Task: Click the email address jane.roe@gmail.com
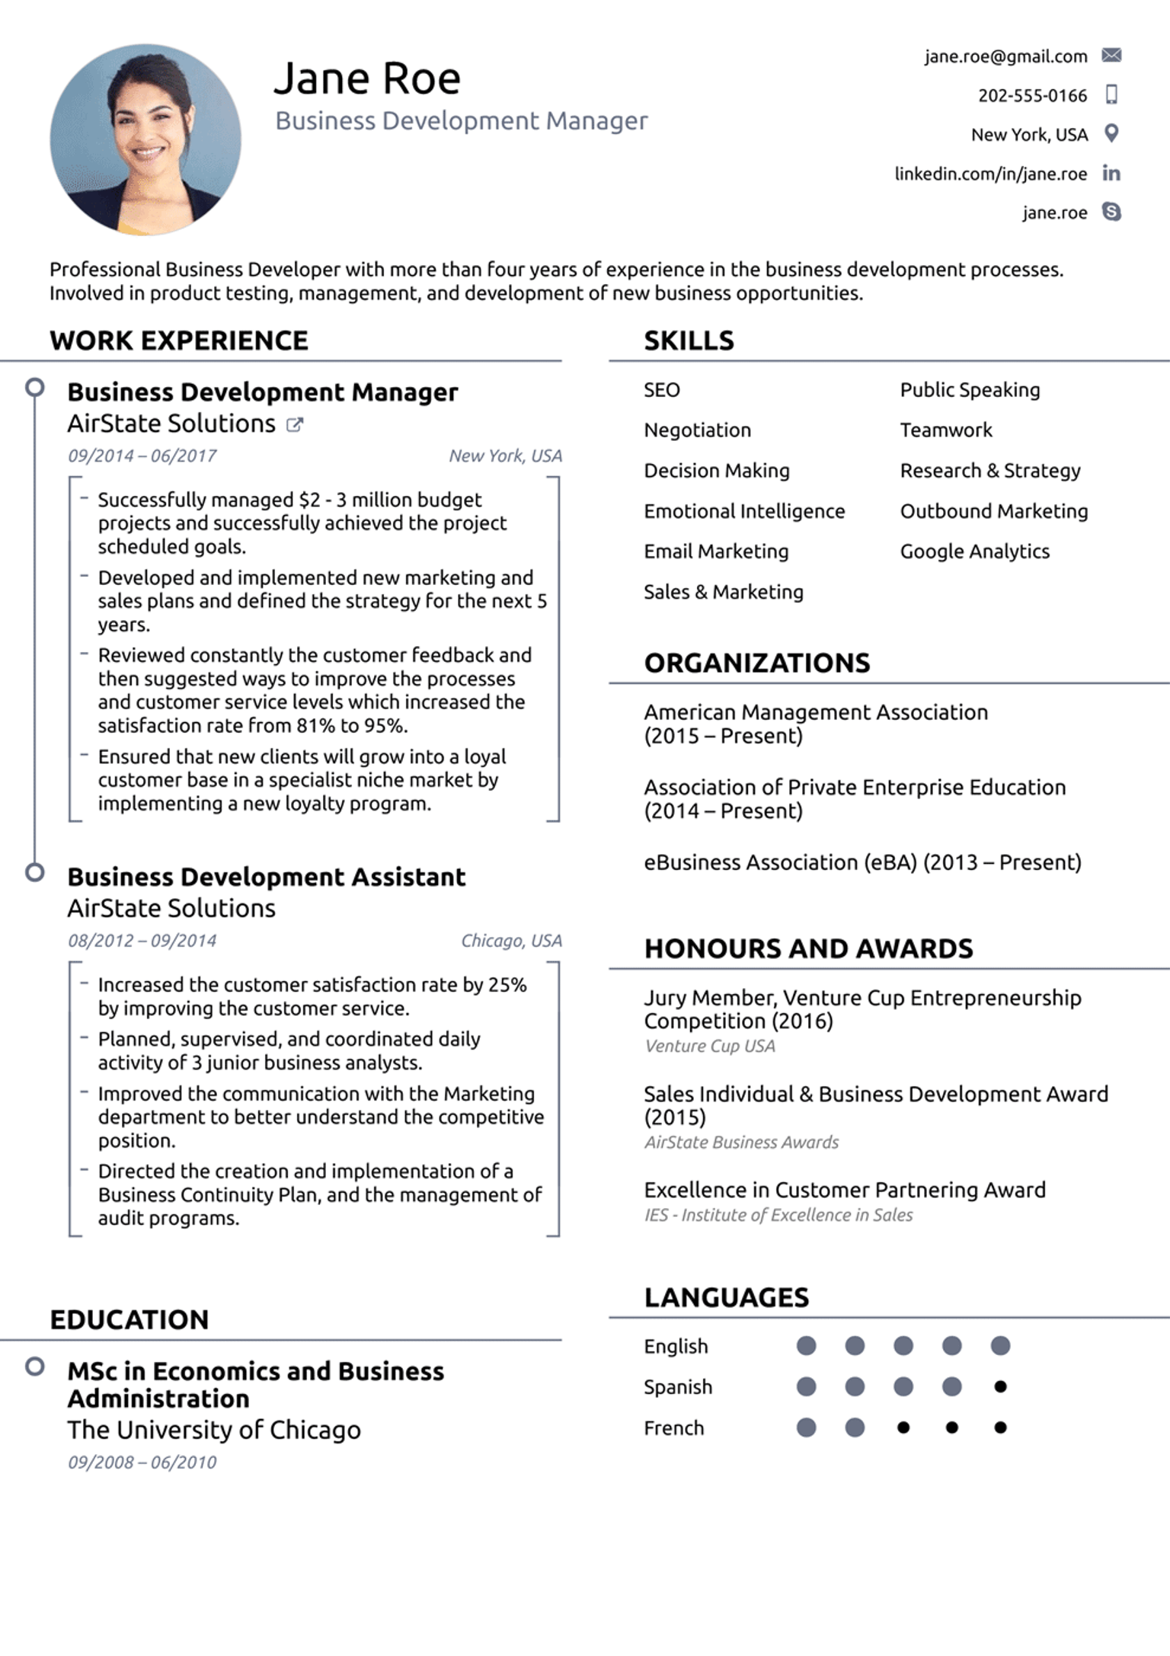click(x=1005, y=56)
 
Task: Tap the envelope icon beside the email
click(x=1111, y=55)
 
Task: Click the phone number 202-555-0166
click(x=1032, y=95)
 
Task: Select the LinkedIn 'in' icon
click(x=1111, y=174)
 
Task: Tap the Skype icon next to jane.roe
click(x=1111, y=212)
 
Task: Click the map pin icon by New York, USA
click(x=1111, y=133)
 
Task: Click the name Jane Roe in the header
click(x=367, y=78)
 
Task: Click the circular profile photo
click(x=145, y=139)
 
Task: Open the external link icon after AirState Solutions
click(x=294, y=425)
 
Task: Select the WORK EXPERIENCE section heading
click(x=179, y=340)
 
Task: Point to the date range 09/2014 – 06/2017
click(x=142, y=456)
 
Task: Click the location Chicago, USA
click(x=511, y=941)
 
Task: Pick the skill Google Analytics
click(x=974, y=551)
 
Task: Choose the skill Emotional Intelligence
click(x=744, y=511)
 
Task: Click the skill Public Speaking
click(x=970, y=390)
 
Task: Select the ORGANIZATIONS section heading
click(x=756, y=663)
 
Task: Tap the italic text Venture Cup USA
click(x=709, y=1046)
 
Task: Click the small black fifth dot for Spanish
click(x=1000, y=1386)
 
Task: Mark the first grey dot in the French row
click(x=806, y=1427)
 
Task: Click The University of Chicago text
click(x=214, y=1430)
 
